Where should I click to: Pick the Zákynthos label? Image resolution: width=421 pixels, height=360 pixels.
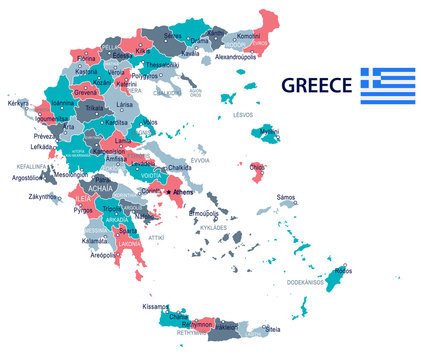[x=43, y=197]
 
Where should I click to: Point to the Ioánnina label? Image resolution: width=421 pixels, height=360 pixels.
[x=63, y=102]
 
